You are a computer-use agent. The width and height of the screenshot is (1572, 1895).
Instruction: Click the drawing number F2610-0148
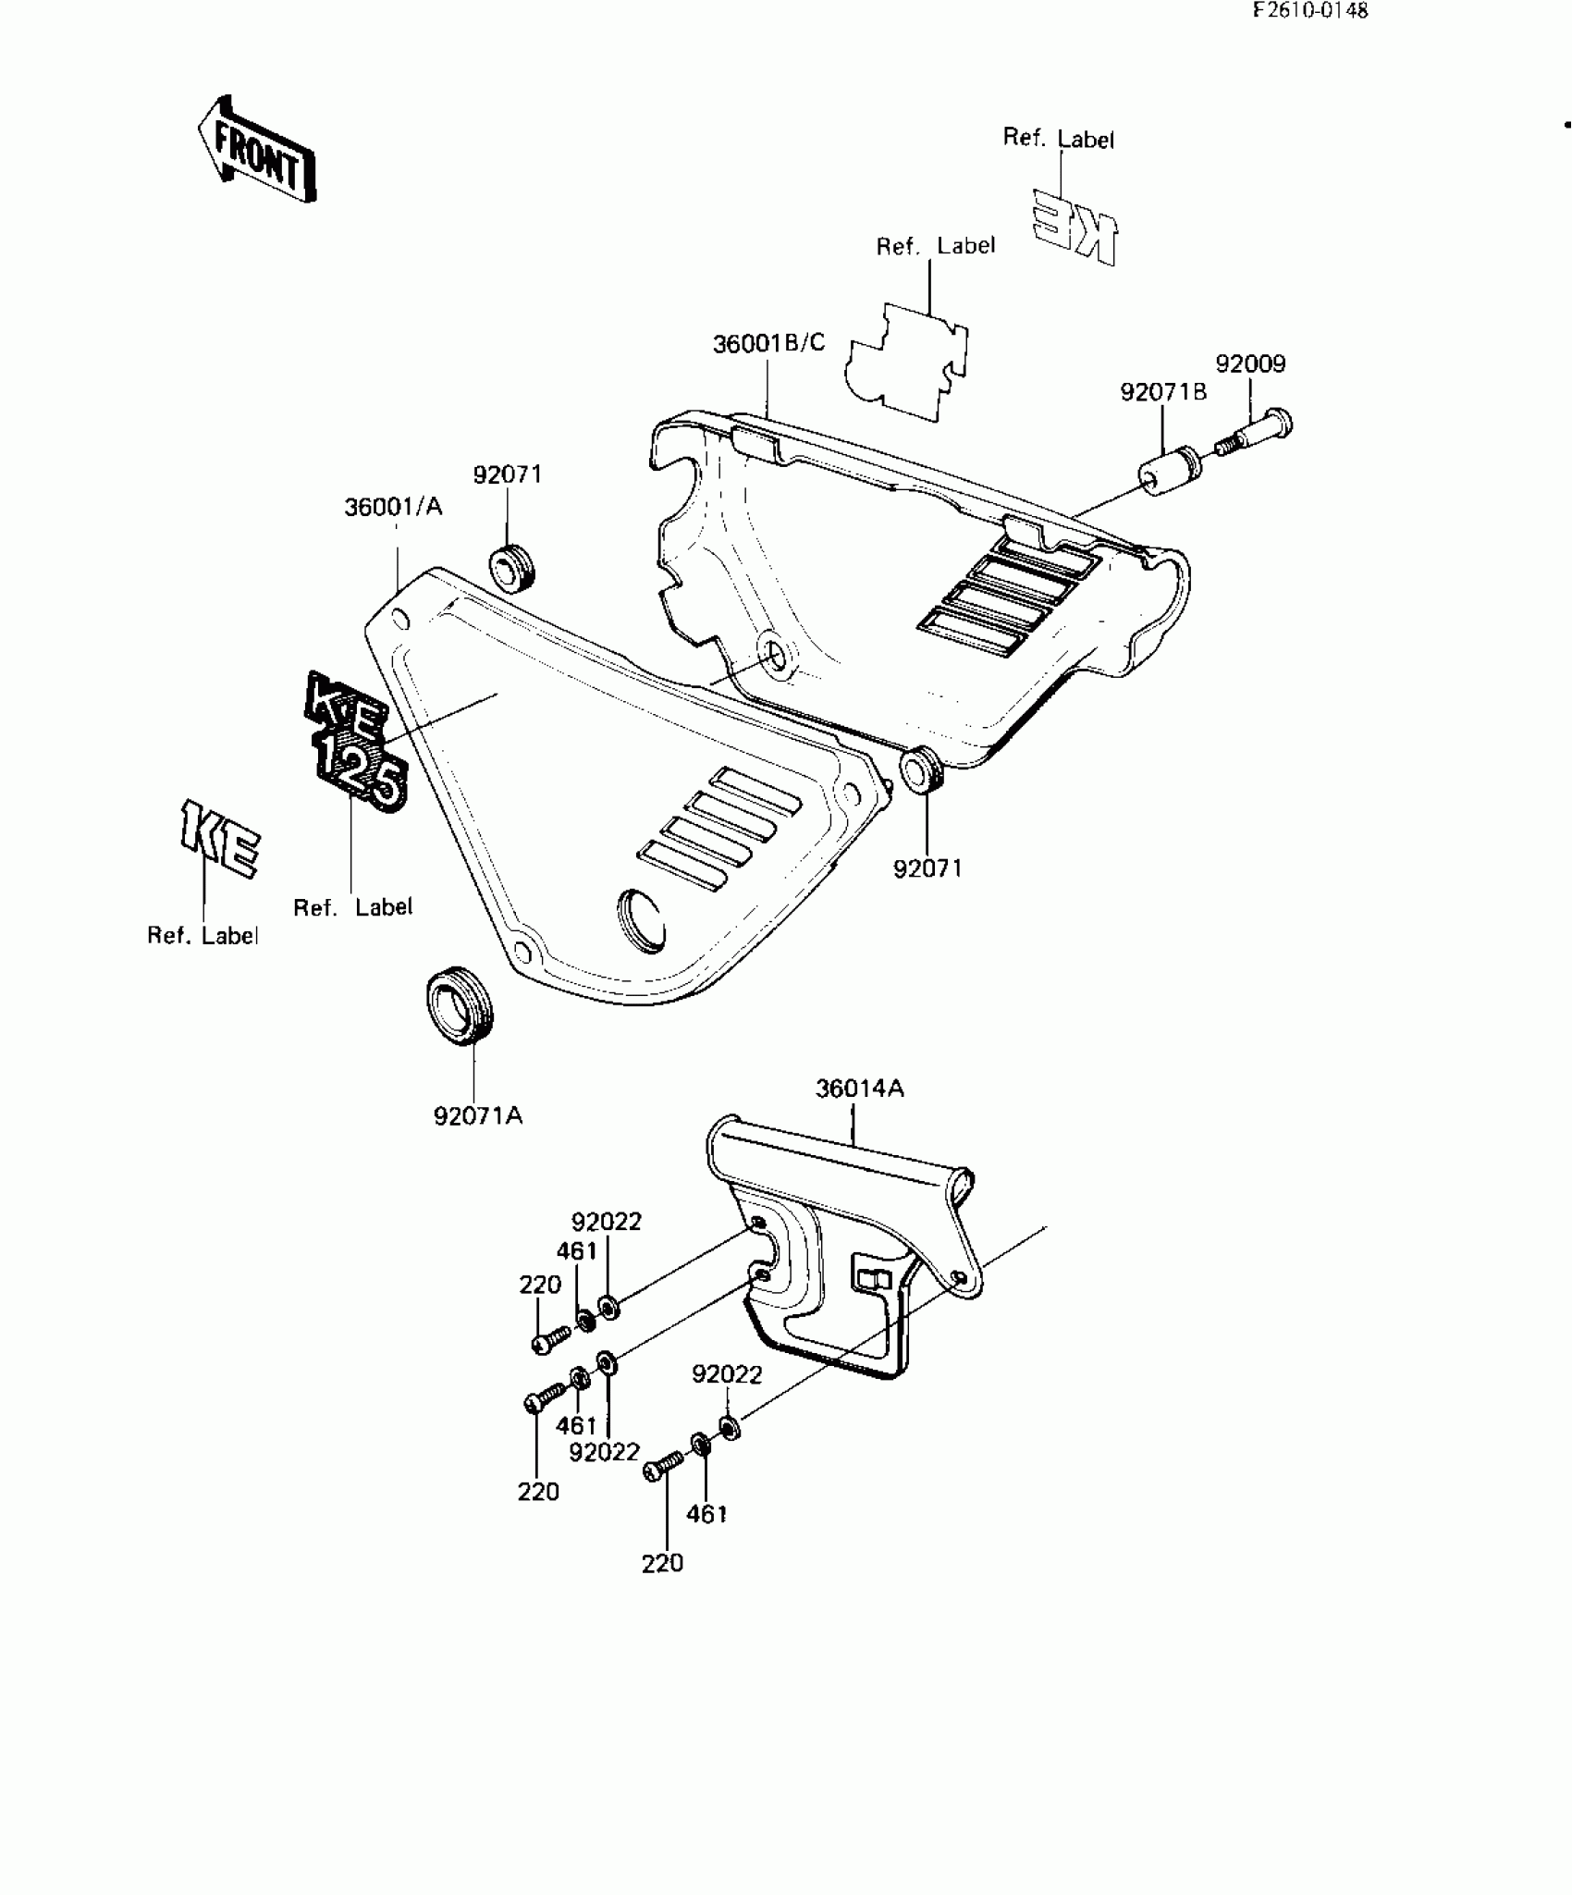click(x=1309, y=11)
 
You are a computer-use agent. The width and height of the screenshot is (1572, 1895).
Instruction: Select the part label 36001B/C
click(x=768, y=344)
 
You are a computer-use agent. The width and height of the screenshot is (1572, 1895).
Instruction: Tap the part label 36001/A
click(x=393, y=507)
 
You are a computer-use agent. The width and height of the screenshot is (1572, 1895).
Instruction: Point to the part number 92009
click(x=1250, y=363)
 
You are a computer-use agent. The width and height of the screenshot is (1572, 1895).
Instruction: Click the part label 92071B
click(x=1163, y=392)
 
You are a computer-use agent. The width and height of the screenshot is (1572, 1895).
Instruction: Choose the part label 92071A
click(x=478, y=1116)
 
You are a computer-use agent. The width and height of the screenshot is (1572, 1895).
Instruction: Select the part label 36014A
click(x=859, y=1089)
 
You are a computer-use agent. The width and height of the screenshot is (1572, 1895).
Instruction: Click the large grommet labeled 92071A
click(x=460, y=1004)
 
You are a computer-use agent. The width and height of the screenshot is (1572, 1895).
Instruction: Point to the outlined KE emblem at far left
click(x=219, y=839)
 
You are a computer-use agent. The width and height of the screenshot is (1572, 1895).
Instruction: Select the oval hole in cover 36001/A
click(x=640, y=920)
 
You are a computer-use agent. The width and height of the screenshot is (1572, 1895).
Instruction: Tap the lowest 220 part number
click(x=662, y=1563)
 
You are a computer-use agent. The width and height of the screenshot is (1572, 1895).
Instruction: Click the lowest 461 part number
click(x=706, y=1514)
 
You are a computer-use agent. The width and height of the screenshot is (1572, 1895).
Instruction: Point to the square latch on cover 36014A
click(x=874, y=1279)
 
